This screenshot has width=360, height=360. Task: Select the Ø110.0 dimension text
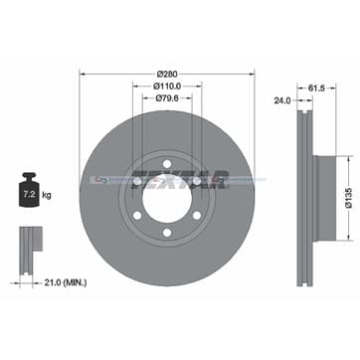[165, 87]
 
